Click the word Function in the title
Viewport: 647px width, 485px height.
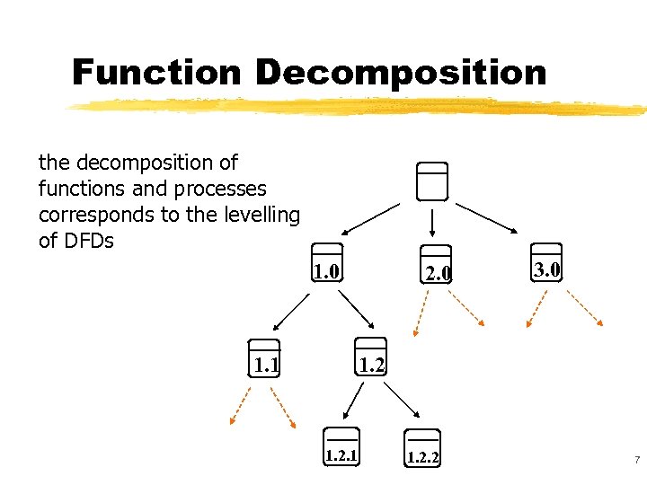click(156, 72)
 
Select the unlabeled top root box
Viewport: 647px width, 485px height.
click(432, 181)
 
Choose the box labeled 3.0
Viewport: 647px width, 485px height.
click(546, 263)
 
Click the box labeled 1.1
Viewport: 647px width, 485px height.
click(265, 358)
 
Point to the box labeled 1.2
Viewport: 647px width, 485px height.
click(370, 357)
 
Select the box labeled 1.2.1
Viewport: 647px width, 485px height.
click(341, 447)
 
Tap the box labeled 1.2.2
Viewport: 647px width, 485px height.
click(422, 448)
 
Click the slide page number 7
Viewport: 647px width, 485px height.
click(636, 460)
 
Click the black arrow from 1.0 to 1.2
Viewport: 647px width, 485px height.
click(357, 311)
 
